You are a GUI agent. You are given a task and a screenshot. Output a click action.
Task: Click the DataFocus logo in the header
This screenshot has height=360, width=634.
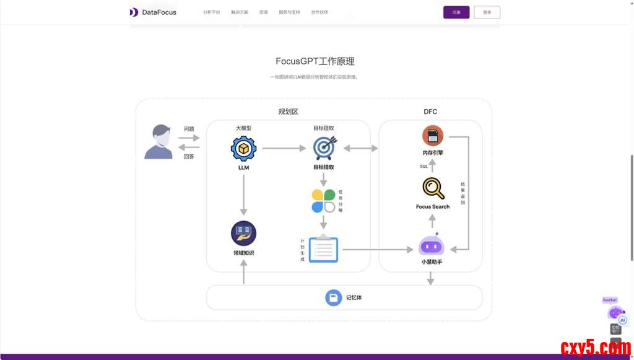(x=153, y=12)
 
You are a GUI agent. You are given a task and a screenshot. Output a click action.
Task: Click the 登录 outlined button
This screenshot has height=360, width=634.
(x=487, y=12)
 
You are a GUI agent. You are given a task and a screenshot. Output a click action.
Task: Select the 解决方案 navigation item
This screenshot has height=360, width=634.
(x=240, y=12)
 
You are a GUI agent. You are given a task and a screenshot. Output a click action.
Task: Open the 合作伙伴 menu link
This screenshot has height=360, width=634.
(x=319, y=12)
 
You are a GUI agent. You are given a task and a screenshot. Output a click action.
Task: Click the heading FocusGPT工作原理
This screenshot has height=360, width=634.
(x=315, y=61)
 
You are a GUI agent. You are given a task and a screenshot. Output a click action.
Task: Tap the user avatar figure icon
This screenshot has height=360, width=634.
(x=158, y=142)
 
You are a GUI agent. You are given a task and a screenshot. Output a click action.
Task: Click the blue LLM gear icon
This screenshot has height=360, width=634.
(x=243, y=149)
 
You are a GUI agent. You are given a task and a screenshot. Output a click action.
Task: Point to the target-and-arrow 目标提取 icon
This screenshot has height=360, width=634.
(x=324, y=149)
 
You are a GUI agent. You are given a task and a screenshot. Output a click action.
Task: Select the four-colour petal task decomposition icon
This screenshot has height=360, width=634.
(x=323, y=201)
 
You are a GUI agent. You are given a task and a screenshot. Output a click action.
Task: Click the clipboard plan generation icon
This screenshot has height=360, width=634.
(x=323, y=248)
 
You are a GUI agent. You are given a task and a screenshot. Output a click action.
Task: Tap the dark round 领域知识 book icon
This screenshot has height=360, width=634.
(x=243, y=234)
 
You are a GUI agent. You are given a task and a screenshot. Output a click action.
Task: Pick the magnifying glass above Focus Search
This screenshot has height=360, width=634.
(x=433, y=188)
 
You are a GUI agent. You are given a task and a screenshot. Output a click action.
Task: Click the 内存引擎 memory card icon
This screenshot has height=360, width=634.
(x=433, y=136)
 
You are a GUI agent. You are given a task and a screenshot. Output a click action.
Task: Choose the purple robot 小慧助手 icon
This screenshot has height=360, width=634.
(x=432, y=245)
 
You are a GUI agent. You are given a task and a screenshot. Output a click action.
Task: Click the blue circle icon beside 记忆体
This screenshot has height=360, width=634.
(x=334, y=297)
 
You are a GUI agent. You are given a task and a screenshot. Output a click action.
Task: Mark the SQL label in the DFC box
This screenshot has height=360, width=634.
(x=423, y=166)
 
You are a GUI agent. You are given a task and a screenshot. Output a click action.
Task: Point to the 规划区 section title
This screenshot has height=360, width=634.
(x=288, y=112)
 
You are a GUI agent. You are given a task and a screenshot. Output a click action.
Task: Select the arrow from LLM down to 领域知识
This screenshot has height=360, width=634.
(x=243, y=195)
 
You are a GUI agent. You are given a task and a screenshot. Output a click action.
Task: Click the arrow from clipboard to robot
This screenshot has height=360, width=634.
(x=377, y=249)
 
